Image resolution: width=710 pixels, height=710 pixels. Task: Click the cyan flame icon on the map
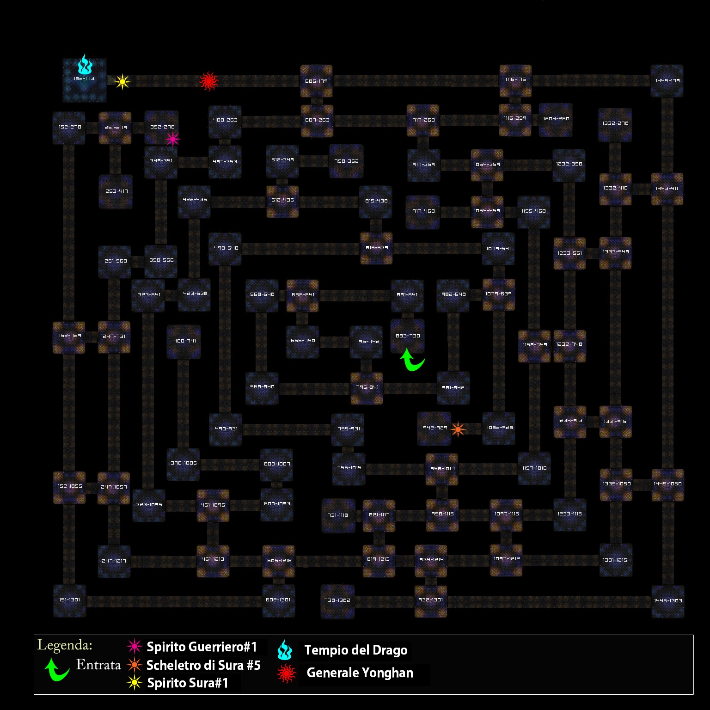85,65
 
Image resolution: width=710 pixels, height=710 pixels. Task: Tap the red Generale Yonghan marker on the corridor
208,81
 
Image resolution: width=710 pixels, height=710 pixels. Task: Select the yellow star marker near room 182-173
122,82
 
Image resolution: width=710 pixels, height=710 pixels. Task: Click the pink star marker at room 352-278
172,139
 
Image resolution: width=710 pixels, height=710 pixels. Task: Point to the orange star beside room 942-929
458,429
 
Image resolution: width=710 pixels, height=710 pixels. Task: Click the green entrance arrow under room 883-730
411,360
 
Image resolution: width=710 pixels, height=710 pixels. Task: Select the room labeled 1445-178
667,81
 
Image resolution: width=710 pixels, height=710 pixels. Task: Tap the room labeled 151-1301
69,600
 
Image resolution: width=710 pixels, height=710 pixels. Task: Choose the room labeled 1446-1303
668,601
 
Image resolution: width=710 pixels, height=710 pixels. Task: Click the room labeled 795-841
367,388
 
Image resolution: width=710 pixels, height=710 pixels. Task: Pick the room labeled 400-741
184,342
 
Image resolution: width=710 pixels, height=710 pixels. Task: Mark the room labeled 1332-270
615,124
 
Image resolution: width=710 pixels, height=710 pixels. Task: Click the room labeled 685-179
316,81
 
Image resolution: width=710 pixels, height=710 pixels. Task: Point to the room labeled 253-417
116,191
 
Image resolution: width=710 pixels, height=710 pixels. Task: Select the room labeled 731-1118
338,515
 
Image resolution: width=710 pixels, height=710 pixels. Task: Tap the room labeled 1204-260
556,119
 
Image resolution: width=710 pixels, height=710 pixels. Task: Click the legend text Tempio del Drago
355,650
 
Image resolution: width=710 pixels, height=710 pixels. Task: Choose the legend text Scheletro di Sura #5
203,665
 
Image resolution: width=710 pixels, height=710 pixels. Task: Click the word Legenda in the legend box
65,645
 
